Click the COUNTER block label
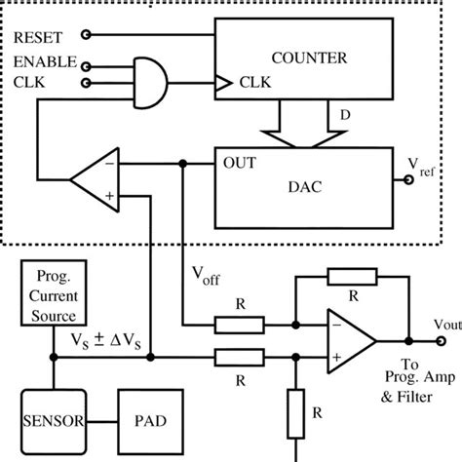pyautogui.click(x=308, y=59)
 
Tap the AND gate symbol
pyautogui.click(x=147, y=75)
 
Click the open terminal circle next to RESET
pyautogui.click(x=87, y=36)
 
